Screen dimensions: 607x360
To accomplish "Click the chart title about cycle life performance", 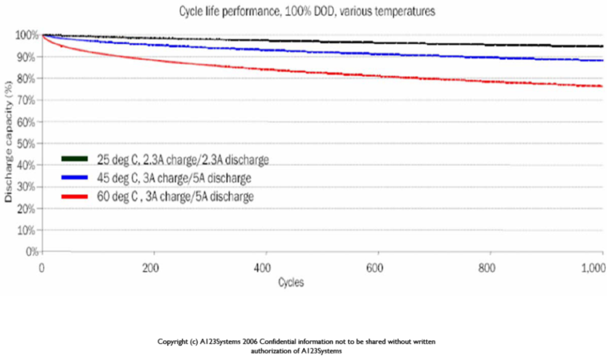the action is point(307,11).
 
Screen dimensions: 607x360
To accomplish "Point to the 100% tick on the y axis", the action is point(27,36).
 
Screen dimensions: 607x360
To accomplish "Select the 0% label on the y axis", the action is point(32,252).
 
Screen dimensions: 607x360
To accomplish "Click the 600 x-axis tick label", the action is point(375,268).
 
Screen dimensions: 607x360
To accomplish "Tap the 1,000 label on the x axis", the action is point(594,268).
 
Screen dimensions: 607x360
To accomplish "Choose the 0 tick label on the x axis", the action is point(42,268).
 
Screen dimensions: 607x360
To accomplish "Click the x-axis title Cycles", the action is point(291,283).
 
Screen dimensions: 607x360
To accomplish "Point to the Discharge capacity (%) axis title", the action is point(8,142).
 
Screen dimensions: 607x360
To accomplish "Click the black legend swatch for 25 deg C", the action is point(75,159).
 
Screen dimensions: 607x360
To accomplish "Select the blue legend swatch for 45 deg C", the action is point(75,177).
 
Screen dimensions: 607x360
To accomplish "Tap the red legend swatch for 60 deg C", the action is point(75,197).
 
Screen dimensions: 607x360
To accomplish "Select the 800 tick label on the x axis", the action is point(487,268).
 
